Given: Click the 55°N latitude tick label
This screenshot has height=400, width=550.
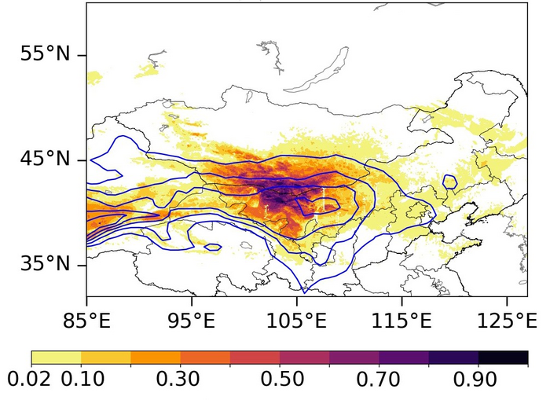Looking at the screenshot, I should tap(45, 55).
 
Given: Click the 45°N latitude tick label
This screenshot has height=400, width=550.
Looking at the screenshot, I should tap(45, 160).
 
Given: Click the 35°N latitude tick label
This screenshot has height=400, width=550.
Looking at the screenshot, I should tap(45, 264).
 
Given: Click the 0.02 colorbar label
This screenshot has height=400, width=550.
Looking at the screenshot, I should tap(30, 380).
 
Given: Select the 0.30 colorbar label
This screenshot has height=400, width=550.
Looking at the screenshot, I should tap(180, 380).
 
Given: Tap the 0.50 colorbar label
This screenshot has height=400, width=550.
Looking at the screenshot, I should tap(280, 380).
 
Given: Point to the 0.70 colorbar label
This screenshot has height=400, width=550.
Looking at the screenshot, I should tap(379, 380).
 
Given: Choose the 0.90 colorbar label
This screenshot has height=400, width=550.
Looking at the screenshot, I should tap(478, 380).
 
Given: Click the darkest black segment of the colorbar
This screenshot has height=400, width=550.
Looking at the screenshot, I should tap(503, 358).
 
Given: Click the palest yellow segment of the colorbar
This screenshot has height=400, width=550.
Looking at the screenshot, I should tap(56, 358).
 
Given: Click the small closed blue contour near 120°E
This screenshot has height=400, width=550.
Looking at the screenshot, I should tap(449, 182).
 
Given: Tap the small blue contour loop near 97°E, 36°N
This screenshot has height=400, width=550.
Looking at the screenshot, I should tap(212, 248).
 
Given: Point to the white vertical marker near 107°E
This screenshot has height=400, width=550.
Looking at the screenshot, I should tap(323, 199).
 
